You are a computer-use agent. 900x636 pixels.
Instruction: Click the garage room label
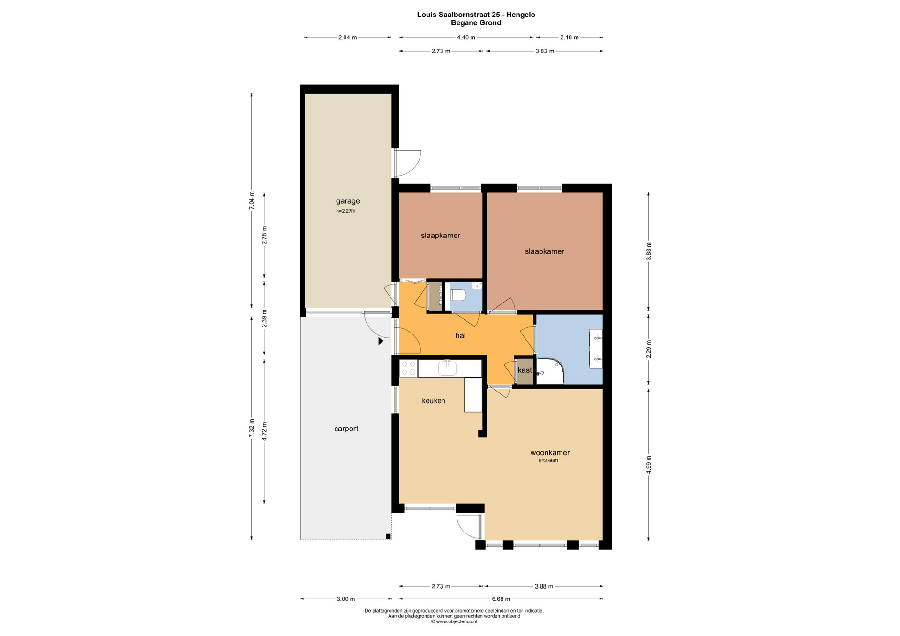pyautogui.click(x=348, y=201)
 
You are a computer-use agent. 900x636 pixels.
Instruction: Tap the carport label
pyautogui.click(x=346, y=429)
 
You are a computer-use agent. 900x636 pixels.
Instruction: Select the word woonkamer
pyautogui.click(x=550, y=452)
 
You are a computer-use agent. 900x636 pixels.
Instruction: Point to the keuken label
pyautogui.click(x=434, y=401)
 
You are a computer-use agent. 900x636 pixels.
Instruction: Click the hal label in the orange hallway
pyautogui.click(x=460, y=335)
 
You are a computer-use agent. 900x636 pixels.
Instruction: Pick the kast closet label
pyautogui.click(x=525, y=370)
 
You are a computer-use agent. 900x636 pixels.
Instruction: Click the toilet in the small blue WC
pyautogui.click(x=458, y=296)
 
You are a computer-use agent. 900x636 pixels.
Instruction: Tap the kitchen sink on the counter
pyautogui.click(x=447, y=368)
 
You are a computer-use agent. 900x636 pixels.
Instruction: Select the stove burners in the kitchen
pyautogui.click(x=408, y=368)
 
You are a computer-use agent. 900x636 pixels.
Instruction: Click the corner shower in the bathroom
pyautogui.click(x=549, y=371)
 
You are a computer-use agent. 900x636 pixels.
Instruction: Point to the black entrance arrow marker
pyautogui.click(x=381, y=341)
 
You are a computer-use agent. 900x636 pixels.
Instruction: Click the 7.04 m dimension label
pyautogui.click(x=252, y=200)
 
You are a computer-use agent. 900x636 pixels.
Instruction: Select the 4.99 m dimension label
pyautogui.click(x=649, y=465)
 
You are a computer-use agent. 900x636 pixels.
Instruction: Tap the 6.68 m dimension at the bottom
pyautogui.click(x=501, y=599)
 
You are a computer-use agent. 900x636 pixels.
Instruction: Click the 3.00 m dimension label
pyautogui.click(x=346, y=599)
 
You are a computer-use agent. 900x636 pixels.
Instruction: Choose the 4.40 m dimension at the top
pyautogui.click(x=466, y=37)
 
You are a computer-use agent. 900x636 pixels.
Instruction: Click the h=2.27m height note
pyautogui.click(x=346, y=211)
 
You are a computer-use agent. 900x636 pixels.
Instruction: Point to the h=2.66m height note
pyautogui.click(x=548, y=460)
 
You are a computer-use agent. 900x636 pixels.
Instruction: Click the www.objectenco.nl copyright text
pyautogui.click(x=454, y=621)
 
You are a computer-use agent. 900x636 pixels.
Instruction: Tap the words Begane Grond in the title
pyautogui.click(x=476, y=22)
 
